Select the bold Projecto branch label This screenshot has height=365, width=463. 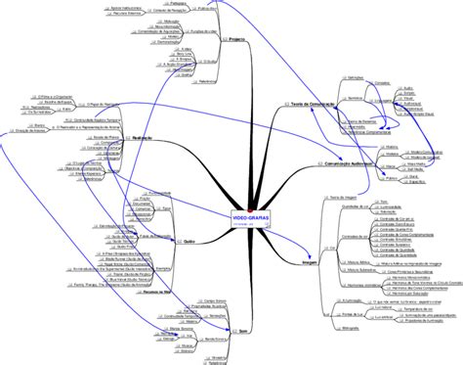(236, 38)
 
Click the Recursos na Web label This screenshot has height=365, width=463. (156, 292)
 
